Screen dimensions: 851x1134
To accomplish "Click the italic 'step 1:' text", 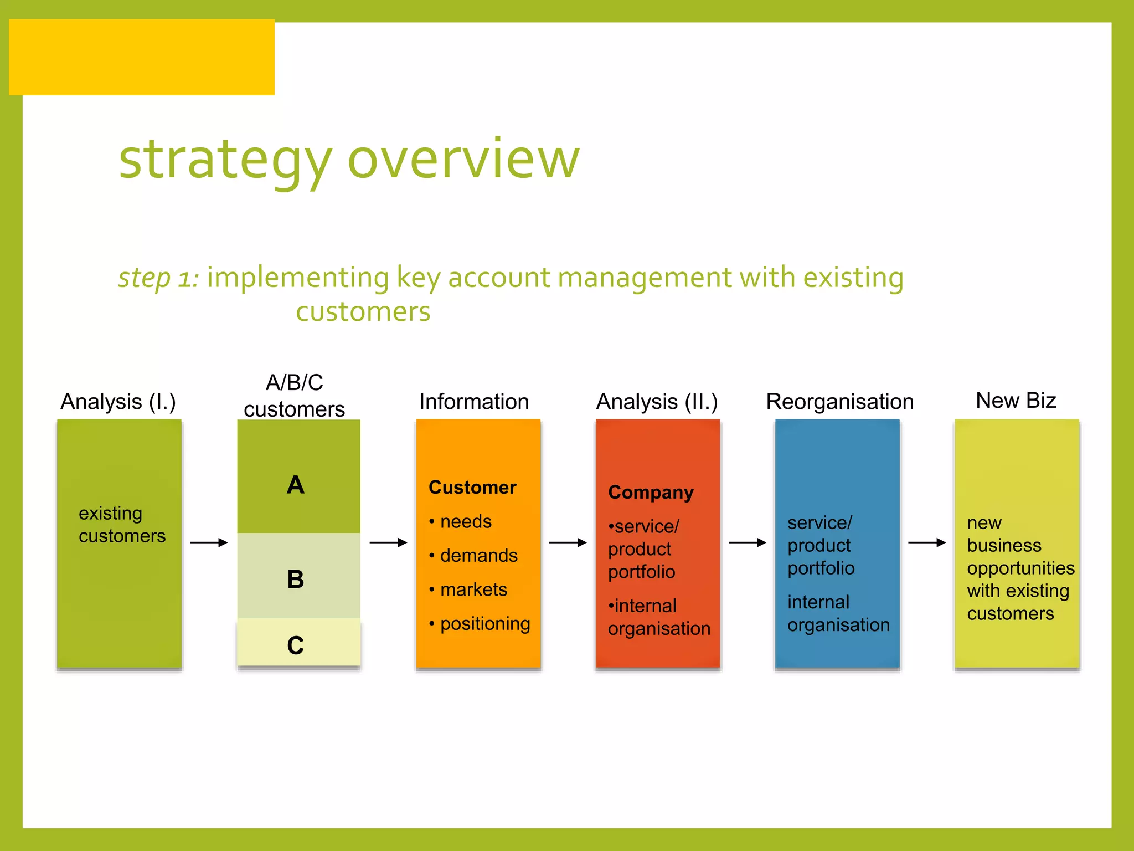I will [x=158, y=277].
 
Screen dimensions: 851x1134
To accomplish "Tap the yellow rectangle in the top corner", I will [x=142, y=57].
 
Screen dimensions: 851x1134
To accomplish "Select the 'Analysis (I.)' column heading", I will [x=118, y=402].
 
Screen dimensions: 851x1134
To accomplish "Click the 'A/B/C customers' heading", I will [x=294, y=396].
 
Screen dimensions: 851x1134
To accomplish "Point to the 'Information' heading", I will [x=474, y=402].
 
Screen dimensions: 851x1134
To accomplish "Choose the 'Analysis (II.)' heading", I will [x=657, y=402].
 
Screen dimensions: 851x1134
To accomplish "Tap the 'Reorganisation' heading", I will [x=839, y=402].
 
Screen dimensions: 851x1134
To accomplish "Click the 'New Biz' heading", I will [x=1016, y=400].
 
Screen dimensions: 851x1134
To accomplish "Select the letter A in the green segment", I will [x=296, y=485].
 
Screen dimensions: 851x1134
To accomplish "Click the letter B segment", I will [x=296, y=580].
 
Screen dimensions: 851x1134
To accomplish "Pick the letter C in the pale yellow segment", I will [x=296, y=645].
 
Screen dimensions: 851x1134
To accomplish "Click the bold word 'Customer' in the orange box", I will [x=472, y=487].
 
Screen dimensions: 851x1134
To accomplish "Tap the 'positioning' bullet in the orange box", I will [x=484, y=624].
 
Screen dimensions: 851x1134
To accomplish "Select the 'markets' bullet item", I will [x=473, y=589].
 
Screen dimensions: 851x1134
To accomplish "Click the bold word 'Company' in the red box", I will [x=651, y=493].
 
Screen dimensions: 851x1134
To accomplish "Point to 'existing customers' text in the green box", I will [x=122, y=524].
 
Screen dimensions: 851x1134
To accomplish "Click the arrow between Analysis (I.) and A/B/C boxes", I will [x=209, y=542].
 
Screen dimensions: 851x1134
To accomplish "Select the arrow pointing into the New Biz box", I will [x=927, y=542].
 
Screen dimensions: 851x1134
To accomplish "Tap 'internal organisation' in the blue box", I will [x=838, y=613].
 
